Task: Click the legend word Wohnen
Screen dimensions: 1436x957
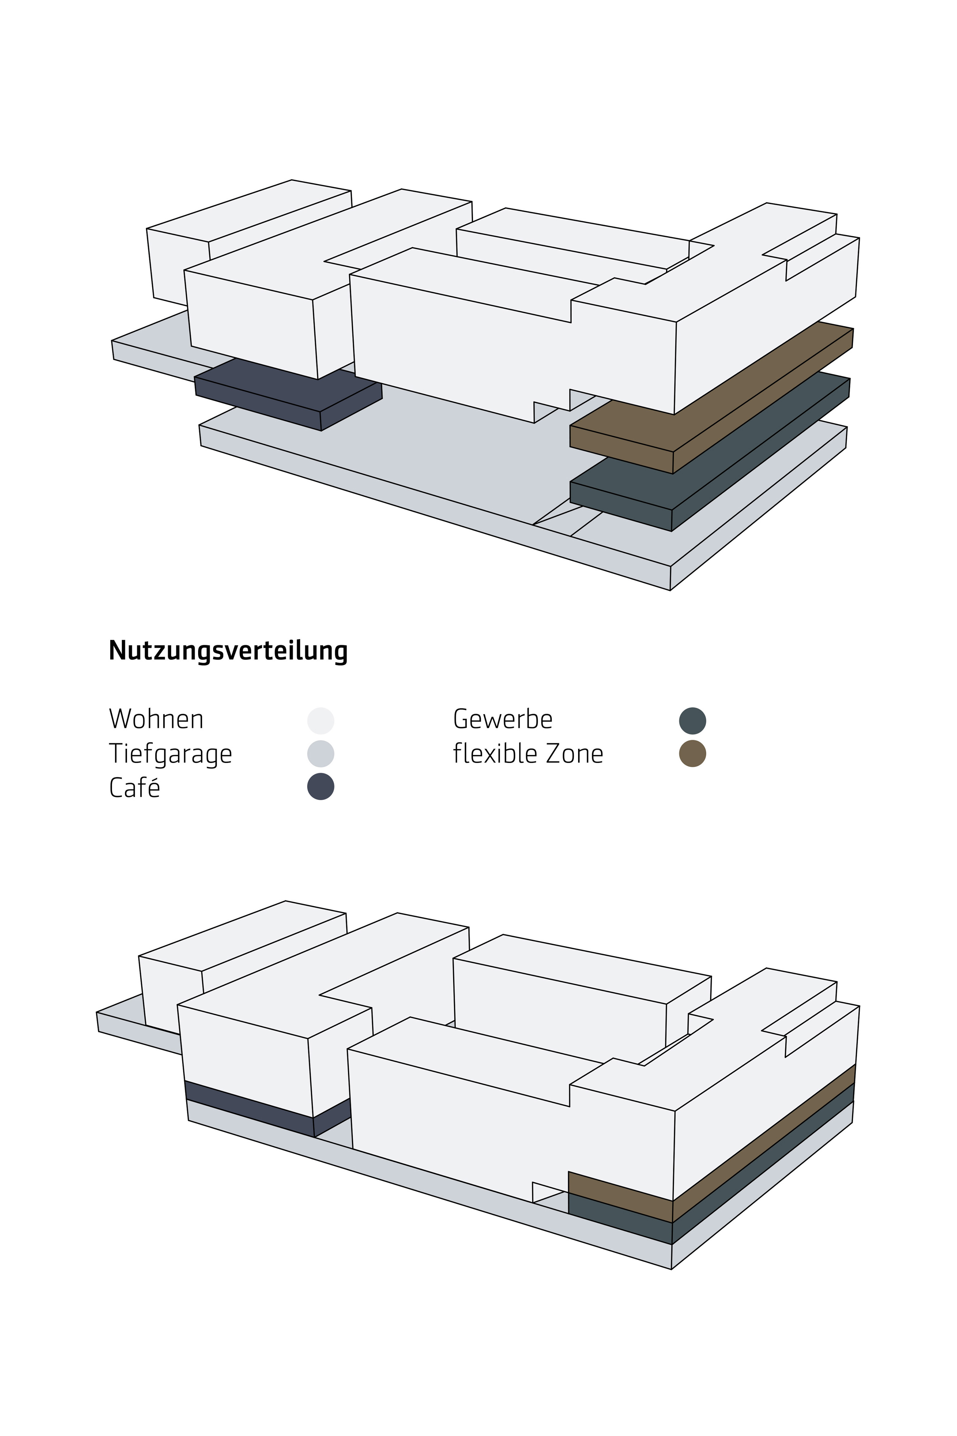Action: coord(156,719)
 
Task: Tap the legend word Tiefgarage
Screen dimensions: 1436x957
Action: coord(170,754)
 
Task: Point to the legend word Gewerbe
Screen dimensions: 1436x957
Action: coord(502,719)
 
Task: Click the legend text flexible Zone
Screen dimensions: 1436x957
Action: coord(528,754)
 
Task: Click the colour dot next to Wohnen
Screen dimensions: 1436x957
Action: coord(320,721)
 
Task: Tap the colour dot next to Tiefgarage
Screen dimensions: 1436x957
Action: coord(320,754)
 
